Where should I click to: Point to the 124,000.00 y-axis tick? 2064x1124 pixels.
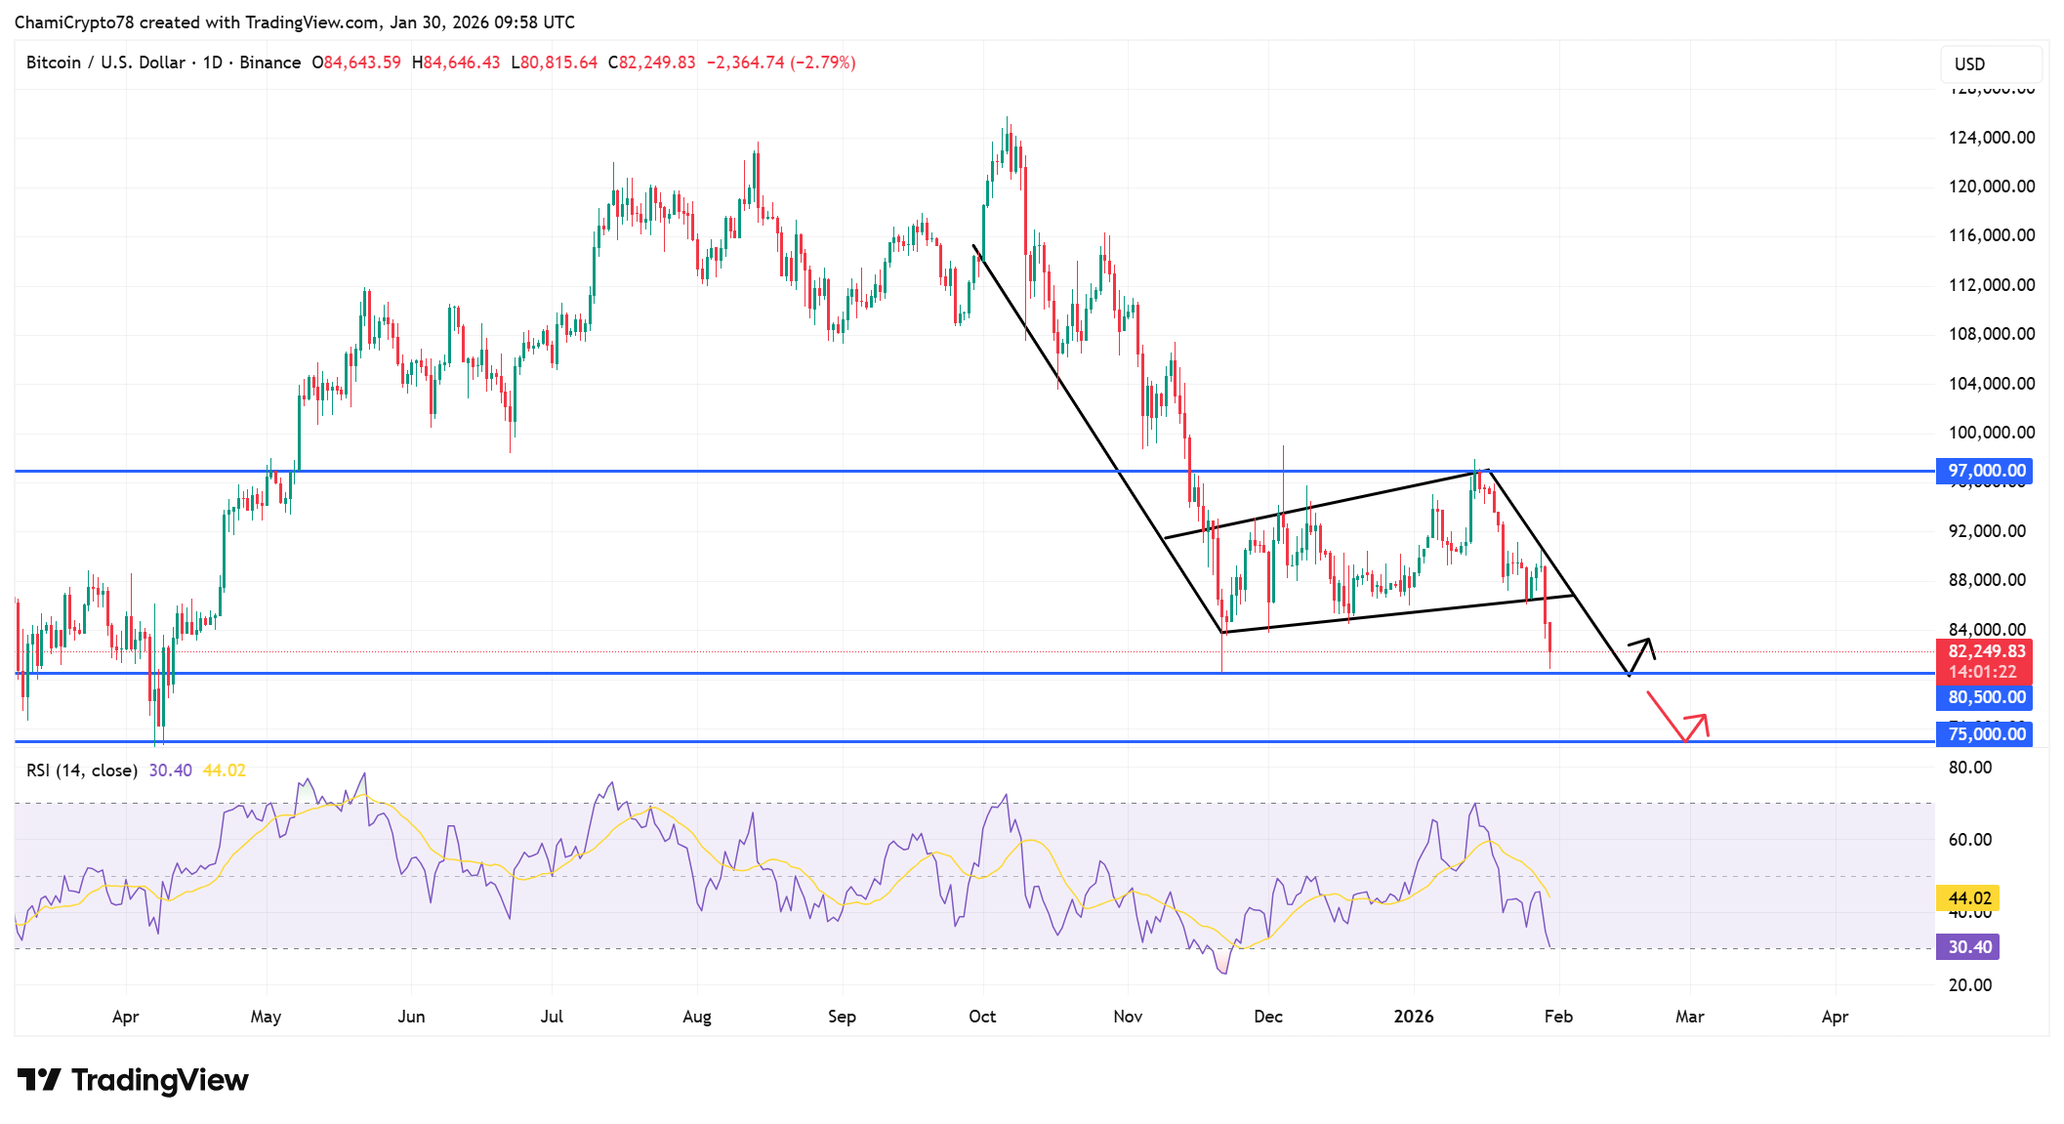point(1991,138)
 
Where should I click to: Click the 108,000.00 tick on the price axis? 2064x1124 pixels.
point(1991,334)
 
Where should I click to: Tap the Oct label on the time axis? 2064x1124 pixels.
point(982,1017)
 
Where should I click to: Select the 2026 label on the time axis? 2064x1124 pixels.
point(1413,1017)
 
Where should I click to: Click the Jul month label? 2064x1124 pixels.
point(552,1017)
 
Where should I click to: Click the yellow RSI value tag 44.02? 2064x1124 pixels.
point(1967,898)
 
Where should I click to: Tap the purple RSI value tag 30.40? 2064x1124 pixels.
point(1967,947)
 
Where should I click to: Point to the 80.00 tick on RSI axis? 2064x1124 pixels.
point(1969,768)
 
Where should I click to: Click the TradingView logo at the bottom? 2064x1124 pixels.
point(134,1080)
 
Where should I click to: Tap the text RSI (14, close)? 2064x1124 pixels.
point(81,770)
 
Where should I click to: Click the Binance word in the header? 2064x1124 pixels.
point(269,62)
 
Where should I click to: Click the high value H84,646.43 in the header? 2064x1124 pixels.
point(456,62)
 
